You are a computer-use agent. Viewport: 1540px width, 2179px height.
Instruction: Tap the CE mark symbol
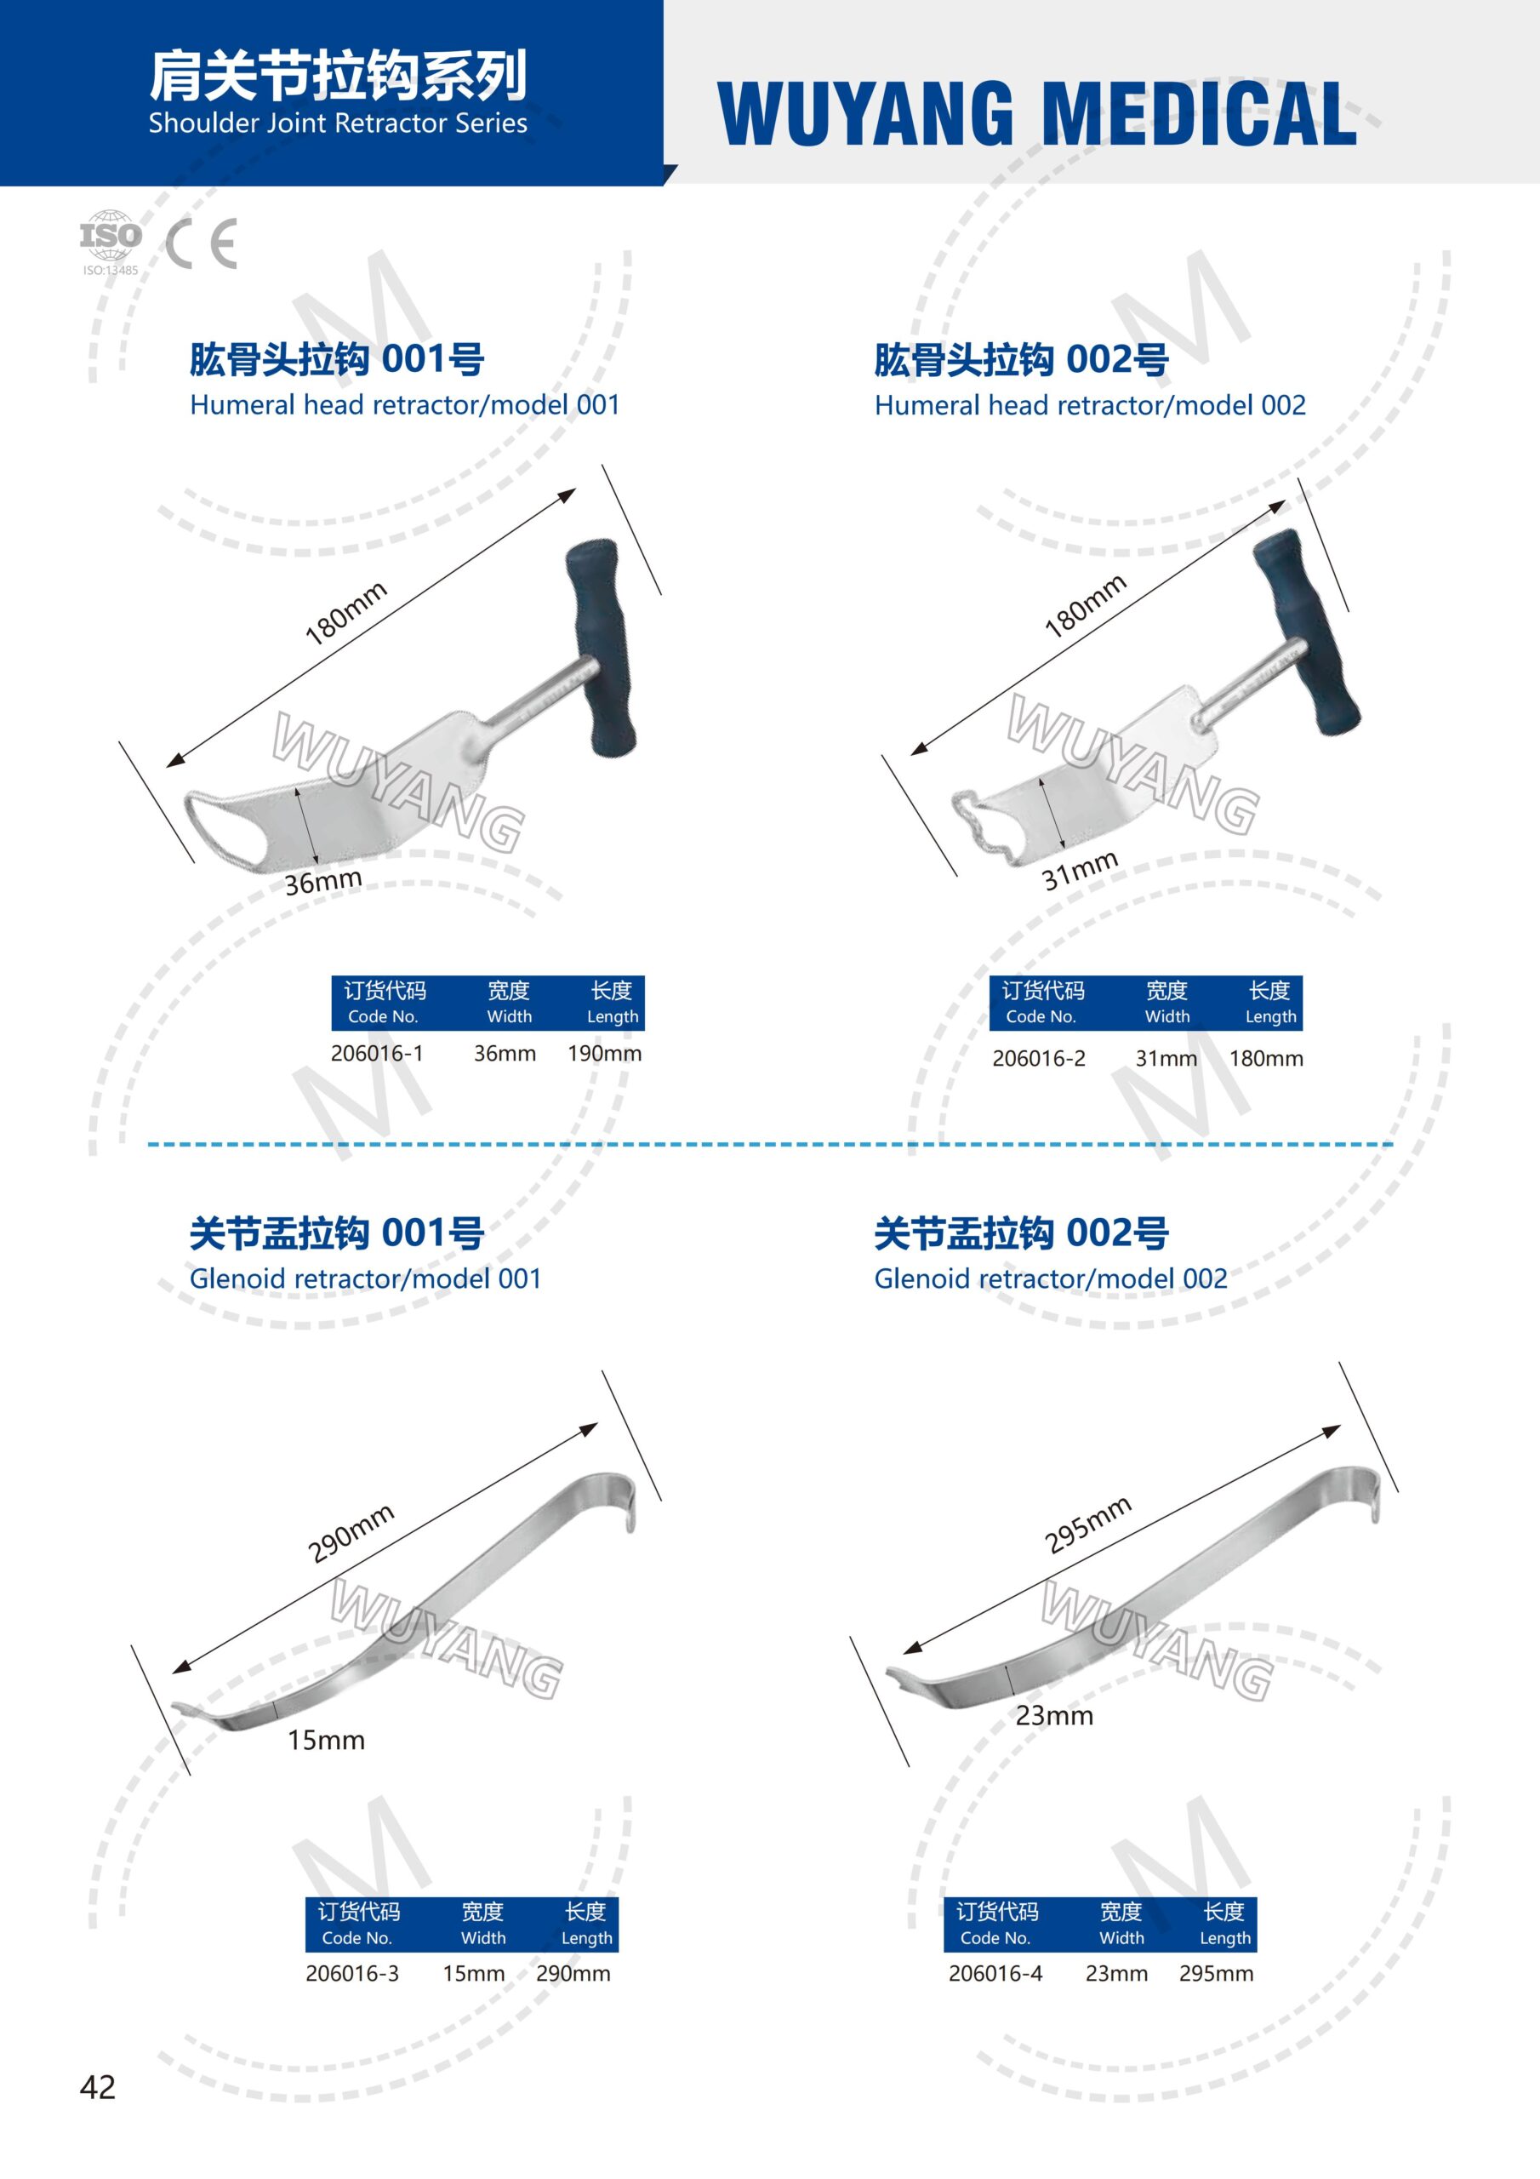coord(201,244)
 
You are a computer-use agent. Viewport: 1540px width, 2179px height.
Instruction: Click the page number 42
coord(98,2086)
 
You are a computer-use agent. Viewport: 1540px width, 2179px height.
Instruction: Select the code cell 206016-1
coord(377,1054)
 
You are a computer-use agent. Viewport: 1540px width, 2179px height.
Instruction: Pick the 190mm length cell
coord(604,1054)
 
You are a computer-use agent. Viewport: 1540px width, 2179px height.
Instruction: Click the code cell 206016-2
coord(1039,1058)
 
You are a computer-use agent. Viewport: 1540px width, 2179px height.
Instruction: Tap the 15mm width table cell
coord(473,1973)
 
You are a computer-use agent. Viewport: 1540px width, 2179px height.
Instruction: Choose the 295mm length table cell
coord(1216,1973)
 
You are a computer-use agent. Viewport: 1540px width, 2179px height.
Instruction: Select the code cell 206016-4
coord(995,1973)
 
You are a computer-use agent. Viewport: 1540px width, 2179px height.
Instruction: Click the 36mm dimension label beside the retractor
coord(323,882)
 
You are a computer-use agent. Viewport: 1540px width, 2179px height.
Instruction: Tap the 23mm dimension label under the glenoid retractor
coord(1054,1716)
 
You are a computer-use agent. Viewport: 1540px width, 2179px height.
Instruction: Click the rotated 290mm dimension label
coord(351,1533)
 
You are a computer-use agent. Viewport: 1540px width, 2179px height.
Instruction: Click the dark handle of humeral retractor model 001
coord(599,649)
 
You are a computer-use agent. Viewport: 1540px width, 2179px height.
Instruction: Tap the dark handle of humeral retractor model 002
coord(1306,631)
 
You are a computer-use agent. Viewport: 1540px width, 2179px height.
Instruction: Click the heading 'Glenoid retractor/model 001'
coord(365,1278)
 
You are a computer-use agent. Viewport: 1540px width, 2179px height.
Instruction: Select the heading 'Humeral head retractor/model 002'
coord(1089,405)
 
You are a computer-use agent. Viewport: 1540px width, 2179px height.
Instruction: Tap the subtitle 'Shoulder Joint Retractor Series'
coord(338,123)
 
